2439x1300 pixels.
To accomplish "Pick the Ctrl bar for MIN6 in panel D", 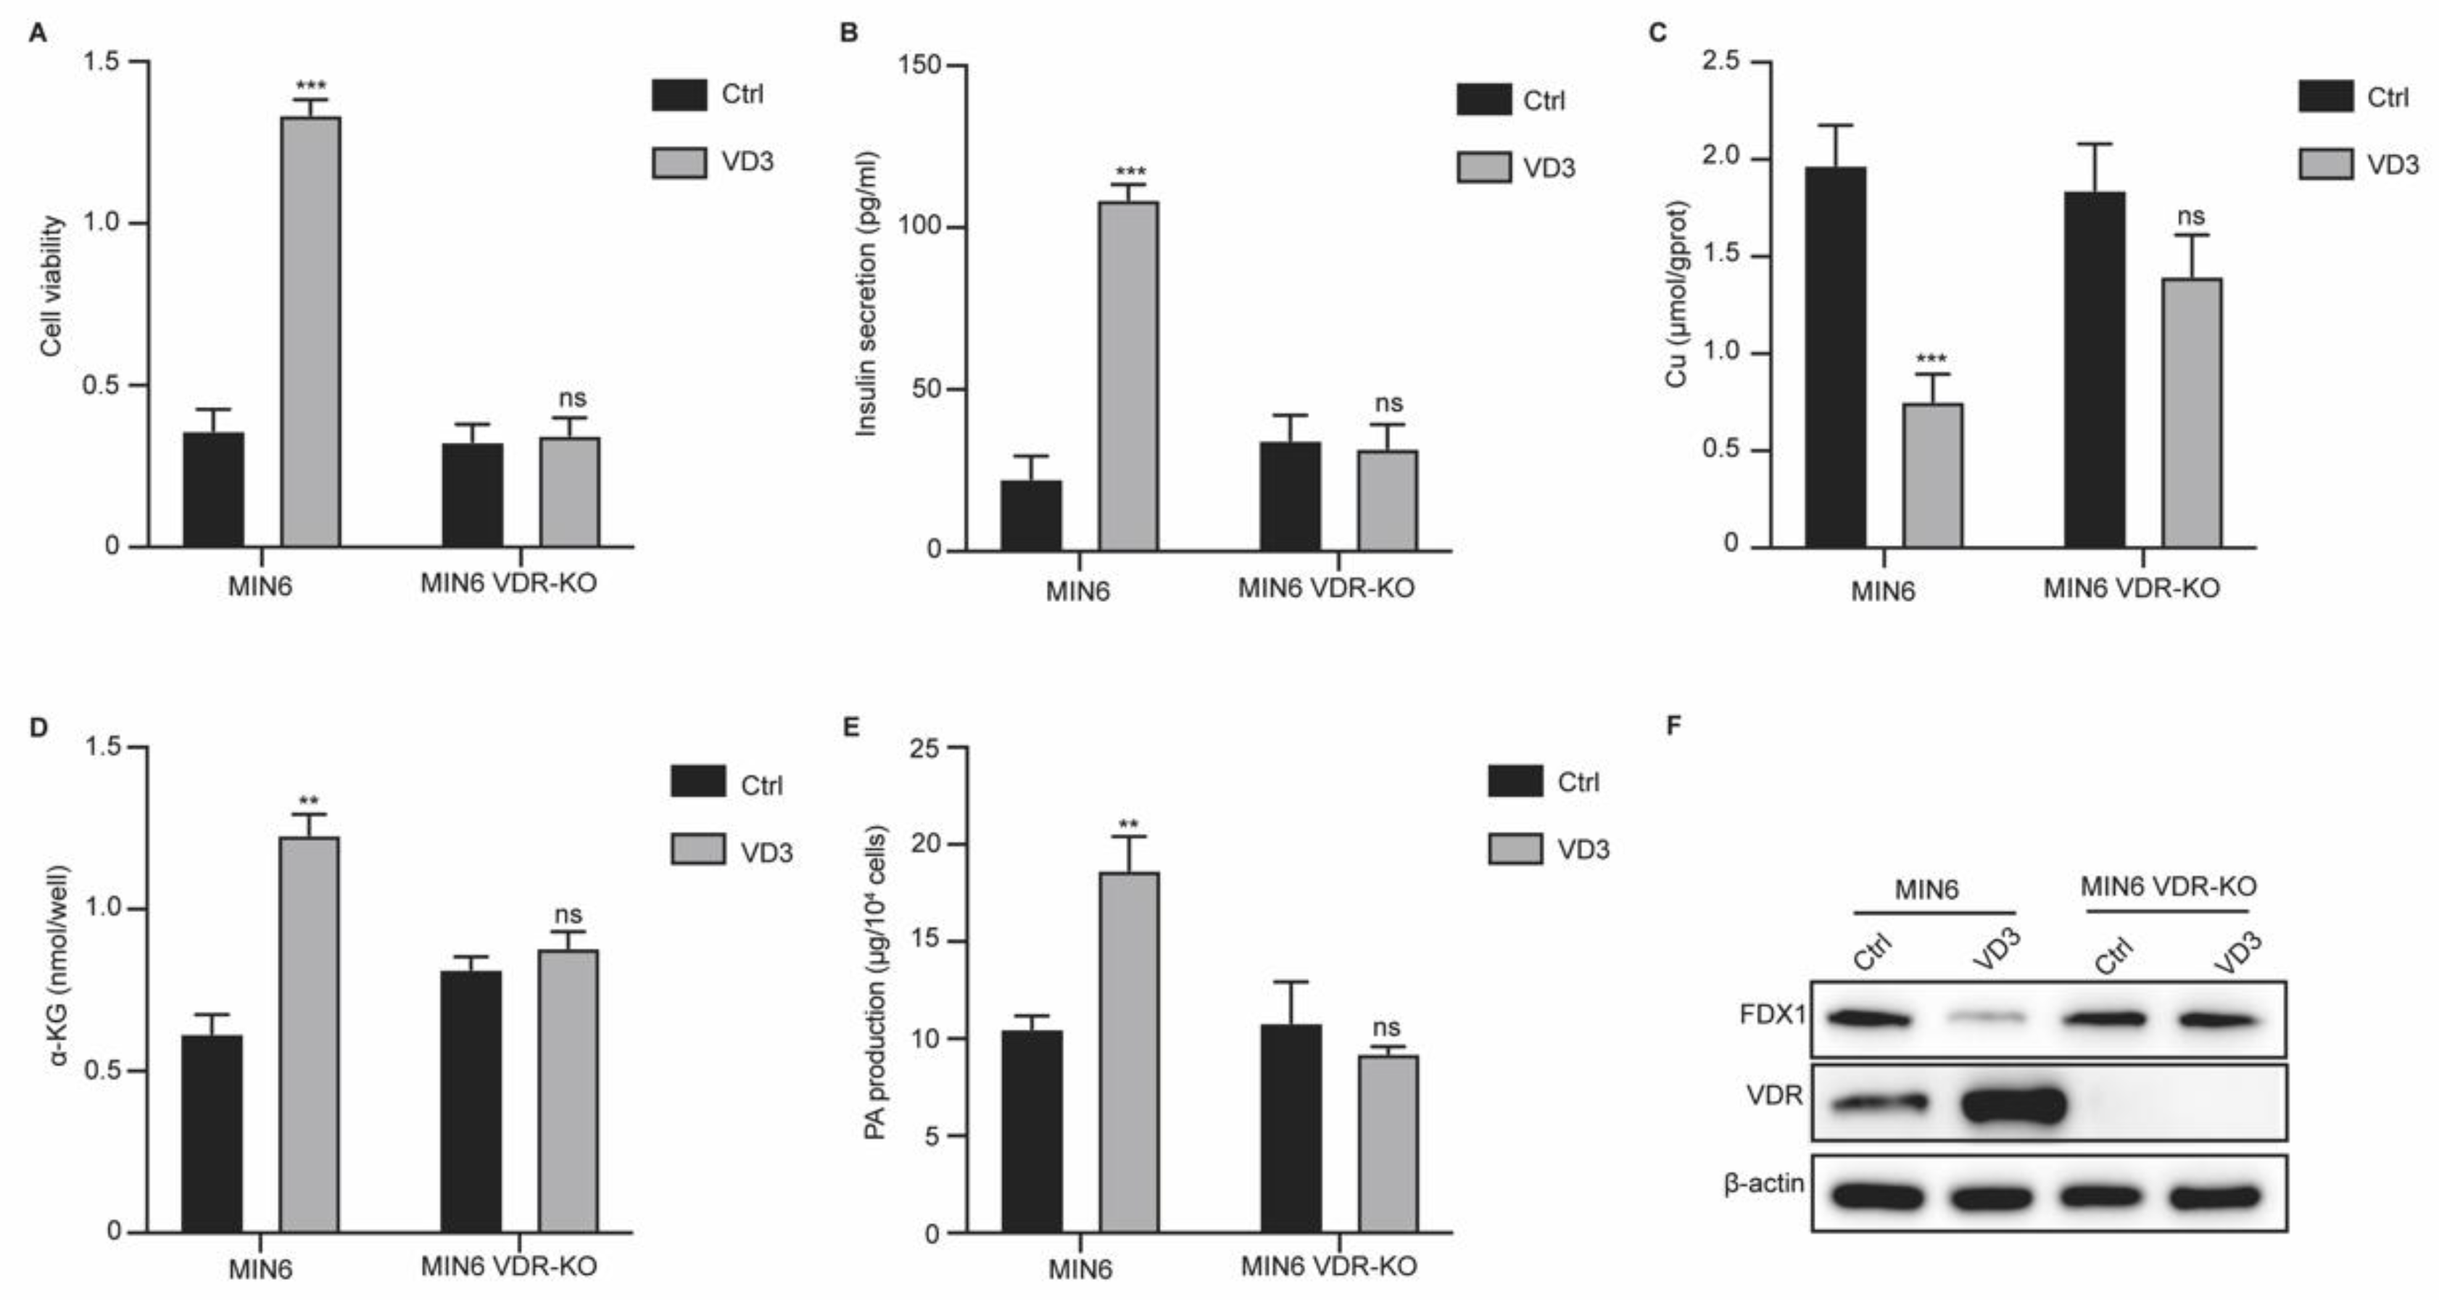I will click(x=212, y=1133).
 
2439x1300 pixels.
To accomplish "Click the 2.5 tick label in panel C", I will click(x=1720, y=62).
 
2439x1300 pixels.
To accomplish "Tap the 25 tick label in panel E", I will click(x=925, y=748).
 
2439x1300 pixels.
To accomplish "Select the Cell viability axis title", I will click(x=52, y=286).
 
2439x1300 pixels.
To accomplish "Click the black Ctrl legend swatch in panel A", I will click(x=679, y=95).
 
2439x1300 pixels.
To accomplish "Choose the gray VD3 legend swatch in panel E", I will click(x=1515, y=849).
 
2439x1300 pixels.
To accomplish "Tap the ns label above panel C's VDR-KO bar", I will click(x=2191, y=216).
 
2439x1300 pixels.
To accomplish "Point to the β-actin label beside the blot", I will click(x=1764, y=1183).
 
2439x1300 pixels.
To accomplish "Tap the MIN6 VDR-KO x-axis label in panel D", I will click(x=508, y=1266).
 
